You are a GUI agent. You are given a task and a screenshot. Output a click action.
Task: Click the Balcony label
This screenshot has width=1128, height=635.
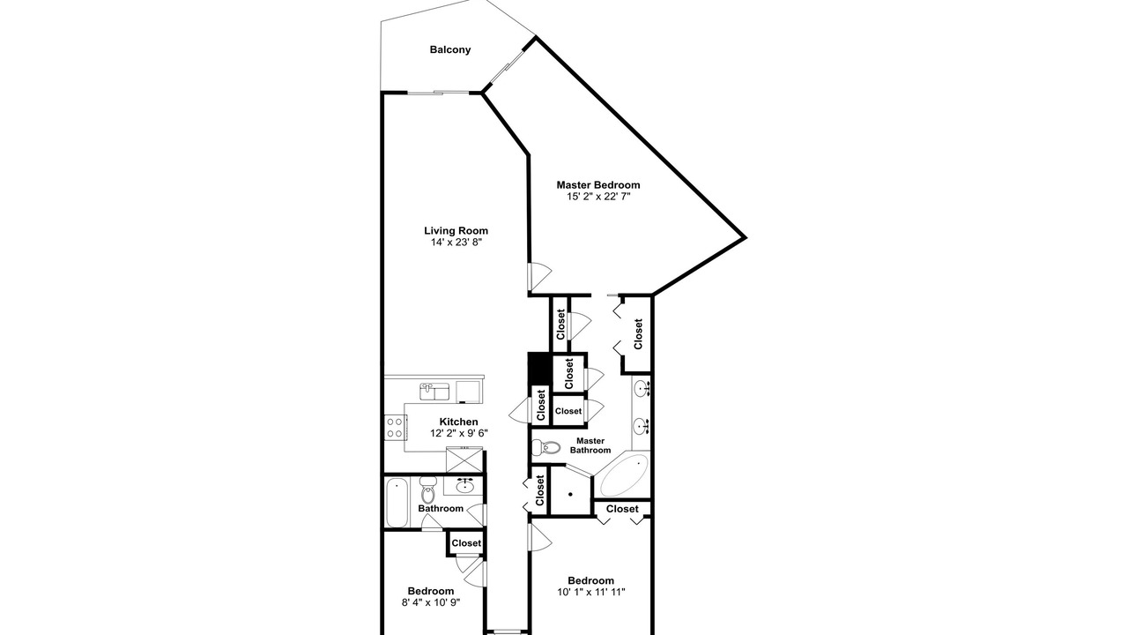[450, 49]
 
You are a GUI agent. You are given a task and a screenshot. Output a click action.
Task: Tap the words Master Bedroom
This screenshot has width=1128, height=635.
[598, 185]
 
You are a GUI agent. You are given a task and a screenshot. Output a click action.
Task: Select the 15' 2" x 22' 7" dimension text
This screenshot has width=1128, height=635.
[598, 197]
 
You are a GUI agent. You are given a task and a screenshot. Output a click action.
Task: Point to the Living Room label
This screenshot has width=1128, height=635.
[456, 231]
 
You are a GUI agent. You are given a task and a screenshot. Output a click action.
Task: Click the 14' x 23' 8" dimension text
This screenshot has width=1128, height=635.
[456, 243]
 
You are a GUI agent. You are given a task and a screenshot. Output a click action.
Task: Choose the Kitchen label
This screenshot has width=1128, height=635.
[459, 422]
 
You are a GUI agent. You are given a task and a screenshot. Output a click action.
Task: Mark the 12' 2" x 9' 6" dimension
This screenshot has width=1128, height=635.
[459, 433]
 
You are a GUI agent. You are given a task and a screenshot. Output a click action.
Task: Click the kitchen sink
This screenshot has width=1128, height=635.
[434, 392]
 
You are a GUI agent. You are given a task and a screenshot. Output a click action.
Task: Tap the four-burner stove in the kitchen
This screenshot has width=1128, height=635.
[395, 428]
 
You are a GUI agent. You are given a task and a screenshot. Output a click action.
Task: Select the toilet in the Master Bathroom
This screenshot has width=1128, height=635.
[546, 447]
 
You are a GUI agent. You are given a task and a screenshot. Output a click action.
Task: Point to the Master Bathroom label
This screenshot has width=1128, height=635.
[590, 445]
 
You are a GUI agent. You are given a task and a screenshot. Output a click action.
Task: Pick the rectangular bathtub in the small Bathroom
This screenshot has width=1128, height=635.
[397, 504]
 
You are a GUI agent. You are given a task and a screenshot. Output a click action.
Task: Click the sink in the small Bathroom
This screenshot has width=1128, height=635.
[464, 486]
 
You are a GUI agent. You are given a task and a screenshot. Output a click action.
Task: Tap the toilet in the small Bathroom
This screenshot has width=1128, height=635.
[427, 489]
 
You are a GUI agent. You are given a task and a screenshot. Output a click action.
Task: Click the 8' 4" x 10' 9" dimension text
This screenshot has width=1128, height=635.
[431, 602]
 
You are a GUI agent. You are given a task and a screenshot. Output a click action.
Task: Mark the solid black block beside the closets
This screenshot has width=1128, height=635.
[539, 368]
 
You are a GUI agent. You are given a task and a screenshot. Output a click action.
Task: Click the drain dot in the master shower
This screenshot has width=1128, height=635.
[570, 495]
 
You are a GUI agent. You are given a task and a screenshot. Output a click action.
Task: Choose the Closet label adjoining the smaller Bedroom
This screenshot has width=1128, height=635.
[466, 543]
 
